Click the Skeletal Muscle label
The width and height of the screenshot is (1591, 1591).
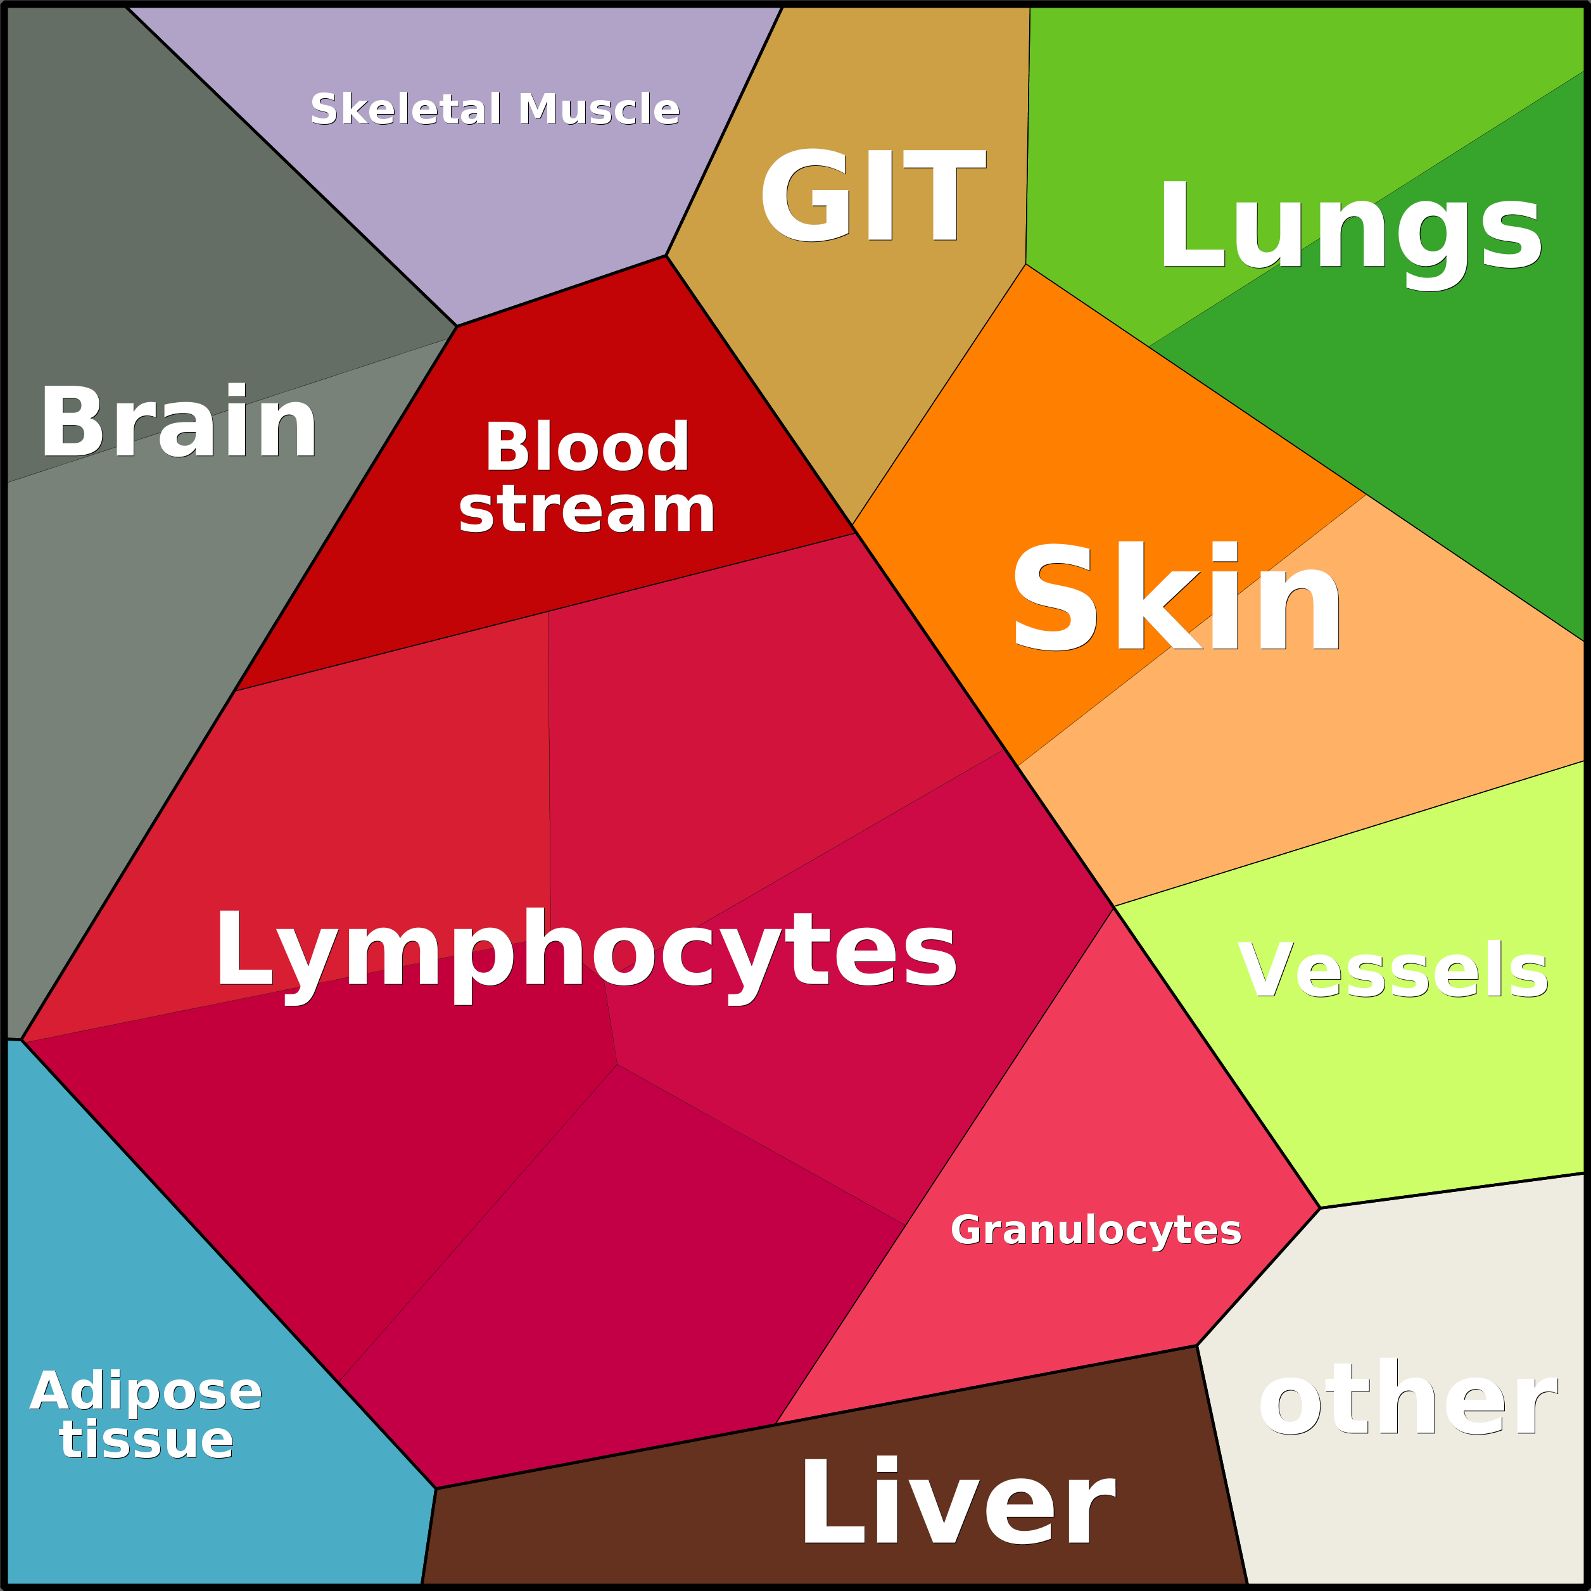point(495,110)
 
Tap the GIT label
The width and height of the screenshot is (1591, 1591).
point(872,196)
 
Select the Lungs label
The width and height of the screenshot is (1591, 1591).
point(1350,227)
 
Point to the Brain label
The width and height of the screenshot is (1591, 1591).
point(179,422)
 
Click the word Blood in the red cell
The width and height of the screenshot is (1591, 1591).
point(586,447)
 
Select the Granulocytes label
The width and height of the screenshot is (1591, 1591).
point(1095,1229)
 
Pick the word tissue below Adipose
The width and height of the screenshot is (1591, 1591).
point(146,1440)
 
